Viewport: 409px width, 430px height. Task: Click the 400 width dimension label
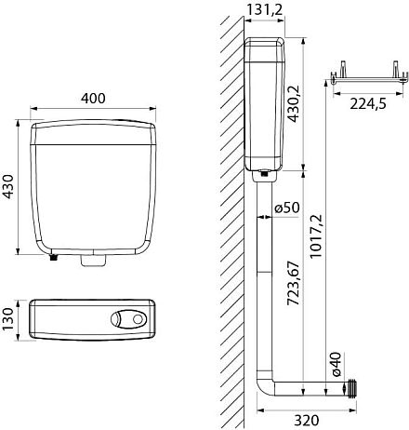click(x=93, y=99)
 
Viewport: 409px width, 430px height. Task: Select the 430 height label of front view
click(x=7, y=186)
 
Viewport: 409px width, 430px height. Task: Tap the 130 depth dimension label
click(x=7, y=319)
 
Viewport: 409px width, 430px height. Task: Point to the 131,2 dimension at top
click(x=265, y=9)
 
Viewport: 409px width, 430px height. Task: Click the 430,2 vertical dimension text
click(x=293, y=103)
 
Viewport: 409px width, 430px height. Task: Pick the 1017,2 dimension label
click(x=316, y=235)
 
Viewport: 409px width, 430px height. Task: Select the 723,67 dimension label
click(x=293, y=283)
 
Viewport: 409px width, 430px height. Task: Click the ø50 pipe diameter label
click(x=287, y=208)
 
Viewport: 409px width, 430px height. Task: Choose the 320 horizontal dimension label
click(x=306, y=420)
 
